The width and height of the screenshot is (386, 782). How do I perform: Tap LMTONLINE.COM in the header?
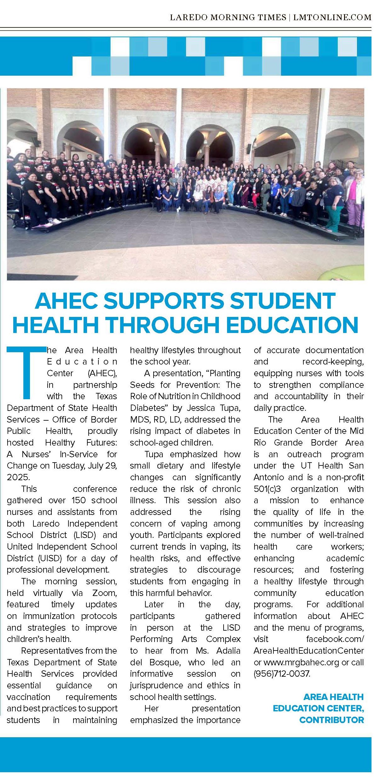tap(332, 17)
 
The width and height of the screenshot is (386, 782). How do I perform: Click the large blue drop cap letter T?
tap(26, 372)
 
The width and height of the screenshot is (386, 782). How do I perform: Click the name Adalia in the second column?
tap(228, 651)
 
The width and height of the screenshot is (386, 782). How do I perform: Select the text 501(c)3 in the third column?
tap(267, 489)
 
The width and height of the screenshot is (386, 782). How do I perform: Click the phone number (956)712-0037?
tap(282, 674)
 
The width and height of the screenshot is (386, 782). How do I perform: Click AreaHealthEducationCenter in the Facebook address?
tap(308, 651)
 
